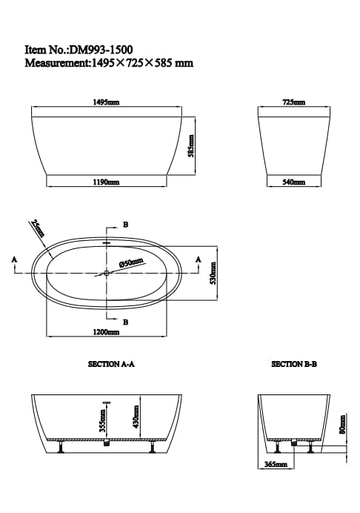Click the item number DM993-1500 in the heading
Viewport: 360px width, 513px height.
tap(101, 50)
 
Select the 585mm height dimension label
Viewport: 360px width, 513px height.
tap(190, 145)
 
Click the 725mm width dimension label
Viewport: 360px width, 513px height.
tap(293, 102)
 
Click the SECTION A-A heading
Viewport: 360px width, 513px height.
tap(110, 365)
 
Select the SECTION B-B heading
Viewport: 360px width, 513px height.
tap(294, 365)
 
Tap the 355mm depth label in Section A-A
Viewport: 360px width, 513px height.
tap(101, 423)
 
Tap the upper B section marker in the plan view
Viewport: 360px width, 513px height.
tap(125, 225)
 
